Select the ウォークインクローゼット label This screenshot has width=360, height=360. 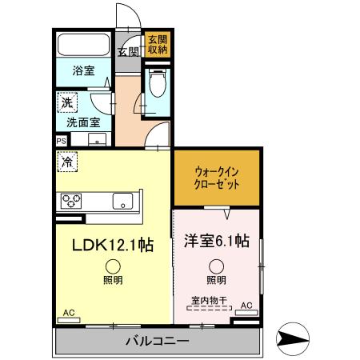tap(216, 177)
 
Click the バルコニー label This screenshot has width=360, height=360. tap(157, 342)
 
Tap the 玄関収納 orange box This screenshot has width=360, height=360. tap(156, 44)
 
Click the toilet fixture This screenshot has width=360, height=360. tap(156, 82)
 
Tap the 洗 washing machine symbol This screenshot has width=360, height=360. tap(66, 102)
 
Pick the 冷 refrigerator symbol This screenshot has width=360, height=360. tap(66, 160)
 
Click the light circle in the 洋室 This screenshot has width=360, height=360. tap(216, 266)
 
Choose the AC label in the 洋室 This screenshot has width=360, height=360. tap(246, 305)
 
